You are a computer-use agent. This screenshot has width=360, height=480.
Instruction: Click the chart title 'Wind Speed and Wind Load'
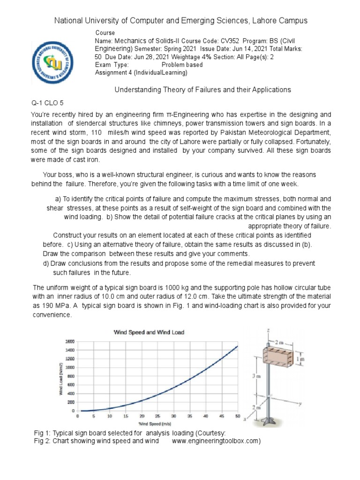point(150,332)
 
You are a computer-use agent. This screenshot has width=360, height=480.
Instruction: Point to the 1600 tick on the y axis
point(69,341)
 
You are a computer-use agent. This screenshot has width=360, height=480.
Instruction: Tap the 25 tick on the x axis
point(157,416)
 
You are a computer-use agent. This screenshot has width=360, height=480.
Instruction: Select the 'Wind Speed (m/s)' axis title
point(157,423)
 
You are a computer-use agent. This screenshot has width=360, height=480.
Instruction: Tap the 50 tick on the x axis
point(238,416)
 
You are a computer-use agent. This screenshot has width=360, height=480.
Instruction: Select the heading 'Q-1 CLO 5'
point(47,102)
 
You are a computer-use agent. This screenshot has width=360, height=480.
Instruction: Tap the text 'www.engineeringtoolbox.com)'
point(216,441)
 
